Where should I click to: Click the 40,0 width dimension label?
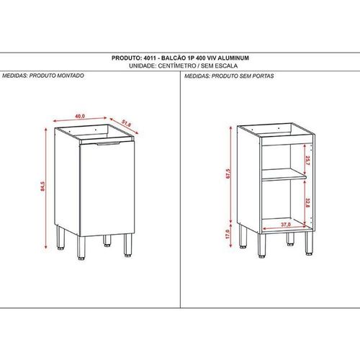(x=80, y=116)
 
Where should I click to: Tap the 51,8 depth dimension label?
(x=126, y=124)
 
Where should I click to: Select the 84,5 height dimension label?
(x=42, y=186)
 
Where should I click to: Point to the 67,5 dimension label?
(x=228, y=174)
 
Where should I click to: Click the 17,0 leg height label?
(x=228, y=234)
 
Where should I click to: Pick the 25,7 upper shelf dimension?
(x=307, y=161)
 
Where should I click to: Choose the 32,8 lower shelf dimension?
(x=307, y=203)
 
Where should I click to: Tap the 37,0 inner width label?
(x=286, y=225)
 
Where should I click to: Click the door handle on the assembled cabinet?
(x=108, y=143)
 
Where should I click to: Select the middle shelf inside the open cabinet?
(x=284, y=174)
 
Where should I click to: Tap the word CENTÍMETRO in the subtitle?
(x=176, y=66)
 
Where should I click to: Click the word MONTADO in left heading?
(x=71, y=76)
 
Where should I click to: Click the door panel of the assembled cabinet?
(x=107, y=189)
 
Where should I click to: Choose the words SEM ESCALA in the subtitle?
(x=219, y=66)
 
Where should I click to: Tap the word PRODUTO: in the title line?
(x=127, y=58)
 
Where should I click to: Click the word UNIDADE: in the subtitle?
(x=143, y=66)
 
